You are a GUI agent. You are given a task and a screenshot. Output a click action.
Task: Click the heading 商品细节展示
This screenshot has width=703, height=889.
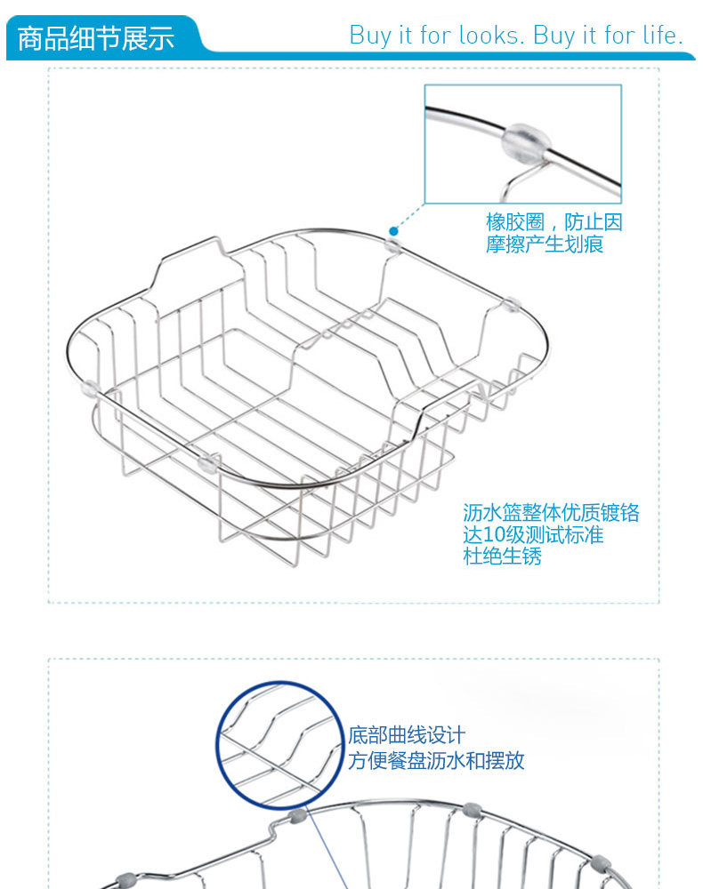[95, 38]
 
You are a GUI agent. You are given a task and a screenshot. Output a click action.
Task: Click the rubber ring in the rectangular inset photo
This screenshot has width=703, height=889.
[525, 140]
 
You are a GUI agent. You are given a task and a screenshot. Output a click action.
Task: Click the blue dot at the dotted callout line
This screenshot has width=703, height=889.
[393, 231]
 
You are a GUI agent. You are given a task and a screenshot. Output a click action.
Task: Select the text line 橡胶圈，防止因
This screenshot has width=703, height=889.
[554, 222]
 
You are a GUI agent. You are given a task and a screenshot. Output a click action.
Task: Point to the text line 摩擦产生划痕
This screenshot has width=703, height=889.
[544, 244]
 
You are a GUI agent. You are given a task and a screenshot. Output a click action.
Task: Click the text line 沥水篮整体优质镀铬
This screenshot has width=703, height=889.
[551, 513]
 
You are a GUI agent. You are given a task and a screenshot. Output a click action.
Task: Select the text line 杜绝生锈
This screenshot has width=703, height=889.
[502, 557]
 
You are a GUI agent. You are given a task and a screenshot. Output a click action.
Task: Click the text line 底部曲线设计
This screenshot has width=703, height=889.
[406, 736]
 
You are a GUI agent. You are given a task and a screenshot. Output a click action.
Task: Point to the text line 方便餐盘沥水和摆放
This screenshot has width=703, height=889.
[435, 761]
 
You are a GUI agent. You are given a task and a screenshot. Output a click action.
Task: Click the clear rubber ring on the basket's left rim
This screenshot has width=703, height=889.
[89, 388]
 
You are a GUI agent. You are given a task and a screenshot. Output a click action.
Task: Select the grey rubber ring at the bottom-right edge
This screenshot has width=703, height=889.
[602, 863]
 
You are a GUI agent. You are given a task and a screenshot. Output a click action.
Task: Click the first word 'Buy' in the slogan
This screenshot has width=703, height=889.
[369, 36]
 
